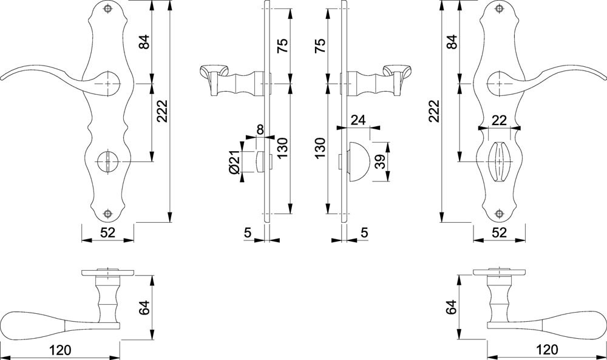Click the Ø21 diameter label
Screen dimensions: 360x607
234,160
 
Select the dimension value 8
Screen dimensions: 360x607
259,129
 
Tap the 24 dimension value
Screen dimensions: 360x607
358,120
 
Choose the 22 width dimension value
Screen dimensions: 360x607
499,120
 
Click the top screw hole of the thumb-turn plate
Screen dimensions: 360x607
499,10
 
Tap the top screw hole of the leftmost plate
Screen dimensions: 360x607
107,10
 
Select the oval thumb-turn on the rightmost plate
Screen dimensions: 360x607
499,161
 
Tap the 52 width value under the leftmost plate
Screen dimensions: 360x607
107,233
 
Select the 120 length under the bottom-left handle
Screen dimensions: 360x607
60,350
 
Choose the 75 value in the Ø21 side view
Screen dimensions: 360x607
283,46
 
